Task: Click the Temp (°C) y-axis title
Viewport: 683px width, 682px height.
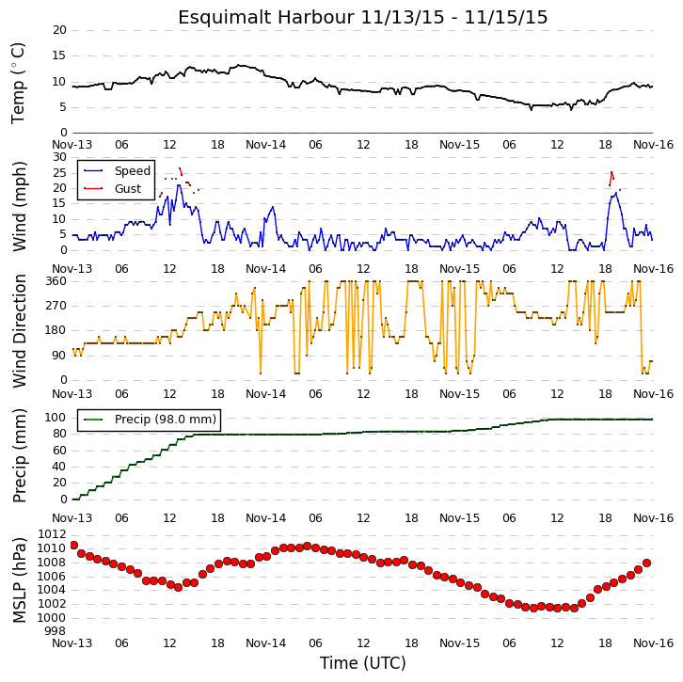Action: click(18, 83)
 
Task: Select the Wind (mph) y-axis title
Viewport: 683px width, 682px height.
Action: click(19, 206)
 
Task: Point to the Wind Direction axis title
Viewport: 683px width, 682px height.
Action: click(19, 331)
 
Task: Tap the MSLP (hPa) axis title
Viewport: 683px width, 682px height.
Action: click(19, 580)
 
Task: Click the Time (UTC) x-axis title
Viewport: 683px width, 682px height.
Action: click(362, 663)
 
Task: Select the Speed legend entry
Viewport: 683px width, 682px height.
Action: click(133, 170)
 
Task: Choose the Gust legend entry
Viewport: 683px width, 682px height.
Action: click(128, 188)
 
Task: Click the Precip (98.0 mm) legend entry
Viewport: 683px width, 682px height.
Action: click(166, 419)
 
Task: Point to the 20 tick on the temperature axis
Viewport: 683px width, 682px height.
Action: click(59, 30)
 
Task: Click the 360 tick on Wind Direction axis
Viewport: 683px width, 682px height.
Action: click(56, 281)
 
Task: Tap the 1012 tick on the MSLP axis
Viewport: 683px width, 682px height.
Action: click(53, 534)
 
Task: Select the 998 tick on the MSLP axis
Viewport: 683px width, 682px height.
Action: click(56, 631)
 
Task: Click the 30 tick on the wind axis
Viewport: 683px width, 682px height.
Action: click(59, 157)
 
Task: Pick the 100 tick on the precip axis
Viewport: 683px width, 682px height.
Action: click(56, 418)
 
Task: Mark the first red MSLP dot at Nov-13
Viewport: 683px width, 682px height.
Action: click(73, 546)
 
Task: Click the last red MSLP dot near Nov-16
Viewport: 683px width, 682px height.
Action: click(647, 563)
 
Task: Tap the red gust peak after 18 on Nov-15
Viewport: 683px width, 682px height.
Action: click(612, 172)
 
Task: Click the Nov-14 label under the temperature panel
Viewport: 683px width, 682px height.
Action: click(265, 145)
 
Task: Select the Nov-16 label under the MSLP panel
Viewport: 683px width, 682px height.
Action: click(653, 643)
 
